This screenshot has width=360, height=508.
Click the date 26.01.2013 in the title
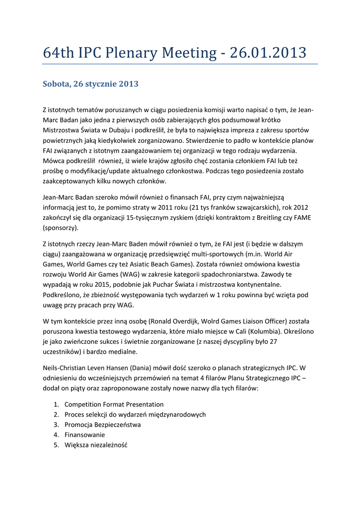[269, 53]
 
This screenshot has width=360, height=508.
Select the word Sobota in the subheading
[56, 84]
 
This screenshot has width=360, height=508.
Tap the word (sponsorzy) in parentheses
[61, 228]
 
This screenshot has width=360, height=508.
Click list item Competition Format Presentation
[114, 404]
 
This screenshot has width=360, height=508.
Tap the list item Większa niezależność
[96, 445]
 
